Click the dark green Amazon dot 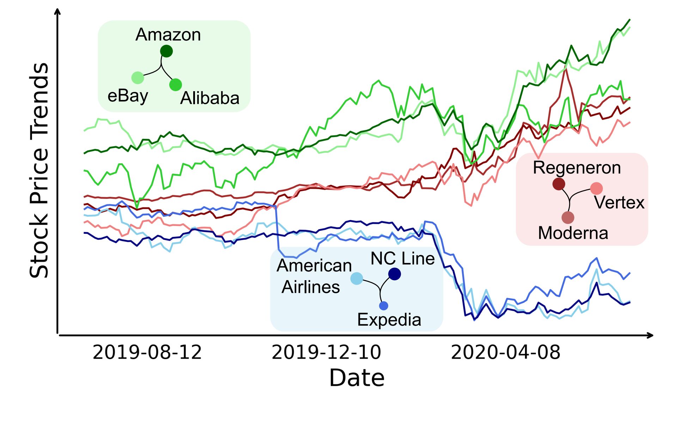(x=166, y=51)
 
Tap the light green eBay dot (x=138, y=78)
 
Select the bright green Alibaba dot (x=176, y=85)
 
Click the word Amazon (x=168, y=35)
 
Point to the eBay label (x=128, y=96)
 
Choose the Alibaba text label (x=210, y=98)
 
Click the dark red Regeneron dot (x=559, y=184)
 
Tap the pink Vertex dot (x=596, y=189)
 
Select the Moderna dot (x=568, y=218)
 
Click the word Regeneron (x=577, y=168)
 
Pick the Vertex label (x=619, y=203)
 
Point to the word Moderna (x=573, y=233)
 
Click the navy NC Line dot (x=395, y=274)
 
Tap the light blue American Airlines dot (x=357, y=278)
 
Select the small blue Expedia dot (x=384, y=306)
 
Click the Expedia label (x=389, y=320)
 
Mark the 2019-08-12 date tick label (x=147, y=352)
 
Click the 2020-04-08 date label (x=506, y=352)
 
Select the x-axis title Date (x=356, y=378)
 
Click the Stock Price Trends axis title (x=39, y=170)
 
